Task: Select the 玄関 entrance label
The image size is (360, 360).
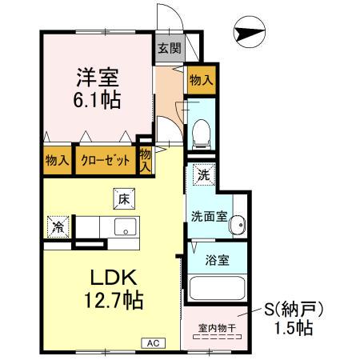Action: pyautogui.click(x=169, y=48)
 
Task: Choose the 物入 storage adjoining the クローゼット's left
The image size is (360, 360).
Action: pyautogui.click(x=56, y=160)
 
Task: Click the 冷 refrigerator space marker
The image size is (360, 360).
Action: pyautogui.click(x=58, y=226)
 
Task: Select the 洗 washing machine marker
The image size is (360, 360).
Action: pyautogui.click(x=203, y=174)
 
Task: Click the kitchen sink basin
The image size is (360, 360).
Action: pyautogui.click(x=126, y=227)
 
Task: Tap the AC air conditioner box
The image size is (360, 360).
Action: pyautogui.click(x=150, y=343)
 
